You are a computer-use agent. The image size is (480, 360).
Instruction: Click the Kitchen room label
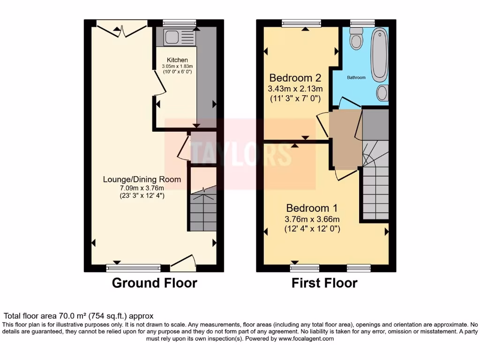[x=178, y=60]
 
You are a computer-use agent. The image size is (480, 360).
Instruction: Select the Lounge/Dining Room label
[x=142, y=180]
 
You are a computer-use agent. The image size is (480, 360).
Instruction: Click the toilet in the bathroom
[x=357, y=38]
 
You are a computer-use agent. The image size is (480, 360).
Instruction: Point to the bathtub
[x=380, y=54]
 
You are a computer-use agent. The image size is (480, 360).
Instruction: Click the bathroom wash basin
[x=382, y=93]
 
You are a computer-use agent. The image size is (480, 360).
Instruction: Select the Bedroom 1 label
[x=312, y=208]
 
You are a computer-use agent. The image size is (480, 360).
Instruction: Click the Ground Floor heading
[x=155, y=283]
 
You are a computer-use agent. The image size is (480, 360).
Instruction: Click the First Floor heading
[x=324, y=283]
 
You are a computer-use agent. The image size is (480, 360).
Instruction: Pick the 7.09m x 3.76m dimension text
[x=142, y=188]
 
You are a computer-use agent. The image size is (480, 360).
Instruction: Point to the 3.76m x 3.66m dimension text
[x=312, y=219]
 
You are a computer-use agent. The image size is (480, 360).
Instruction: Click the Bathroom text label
[x=356, y=77]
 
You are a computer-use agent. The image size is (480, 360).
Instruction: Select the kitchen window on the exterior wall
[x=179, y=22]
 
